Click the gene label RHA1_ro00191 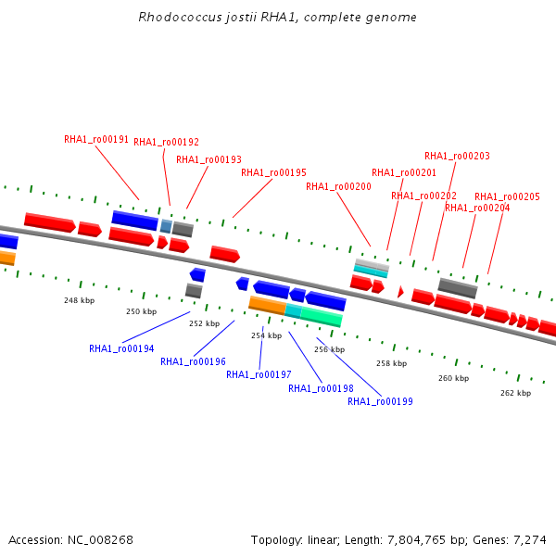coord(96,139)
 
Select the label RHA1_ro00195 coord(273,172)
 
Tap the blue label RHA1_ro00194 coord(121,349)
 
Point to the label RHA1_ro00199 coord(380,401)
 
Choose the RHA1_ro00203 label coord(457,156)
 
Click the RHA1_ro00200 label coord(338,186)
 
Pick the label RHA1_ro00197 coord(259,374)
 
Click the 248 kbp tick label coord(80,300)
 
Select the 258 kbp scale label coord(391,363)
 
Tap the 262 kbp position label coord(515,393)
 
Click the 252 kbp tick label coord(204,323)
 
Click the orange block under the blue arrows coord(268,305)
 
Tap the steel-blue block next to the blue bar coord(166,226)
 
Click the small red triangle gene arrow coord(400,292)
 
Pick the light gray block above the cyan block coord(373,264)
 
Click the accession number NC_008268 coord(100,540)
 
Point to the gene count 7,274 coord(530,540)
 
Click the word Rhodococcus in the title coord(180,17)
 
